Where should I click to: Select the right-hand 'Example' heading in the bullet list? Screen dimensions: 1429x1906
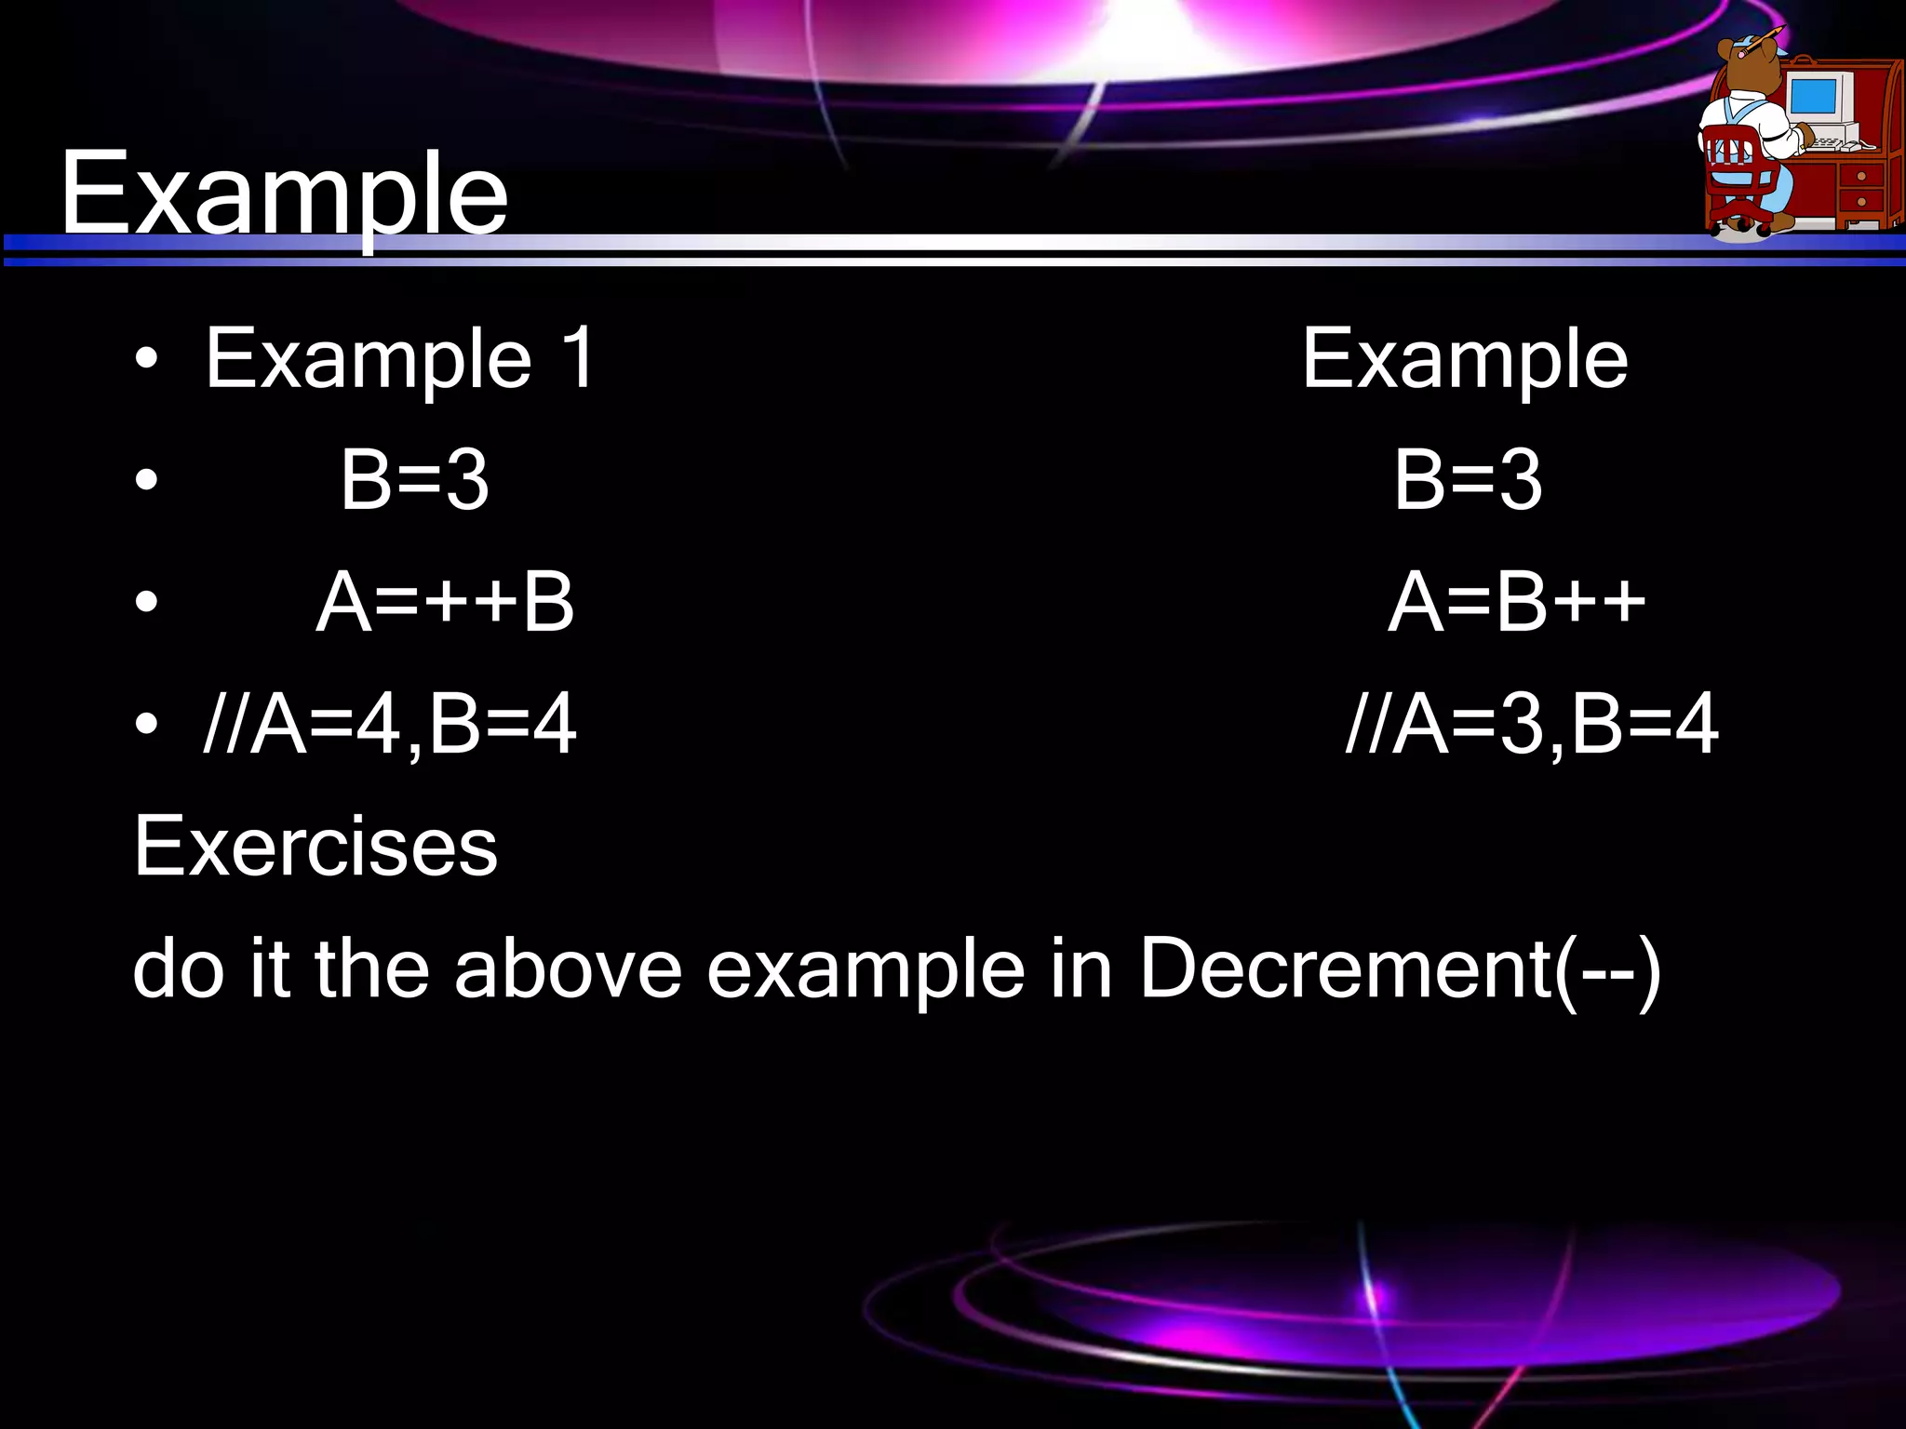[x=1464, y=360]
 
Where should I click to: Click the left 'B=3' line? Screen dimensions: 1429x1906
[x=414, y=480]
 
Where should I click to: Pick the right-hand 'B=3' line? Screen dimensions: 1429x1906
[x=1468, y=480]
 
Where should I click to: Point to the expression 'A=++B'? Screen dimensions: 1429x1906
[x=445, y=603]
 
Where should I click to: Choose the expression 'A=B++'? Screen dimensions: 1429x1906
[x=1516, y=603]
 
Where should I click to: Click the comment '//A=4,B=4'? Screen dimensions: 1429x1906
[x=390, y=725]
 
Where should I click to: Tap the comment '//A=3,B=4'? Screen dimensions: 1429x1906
[x=1532, y=725]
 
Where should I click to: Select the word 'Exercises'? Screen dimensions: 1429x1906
[x=315, y=847]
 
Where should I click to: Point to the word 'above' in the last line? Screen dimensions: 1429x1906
[x=568, y=969]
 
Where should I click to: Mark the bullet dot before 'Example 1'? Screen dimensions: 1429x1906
[x=146, y=360]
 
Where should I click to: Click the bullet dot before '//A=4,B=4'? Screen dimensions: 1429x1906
[x=146, y=725]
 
